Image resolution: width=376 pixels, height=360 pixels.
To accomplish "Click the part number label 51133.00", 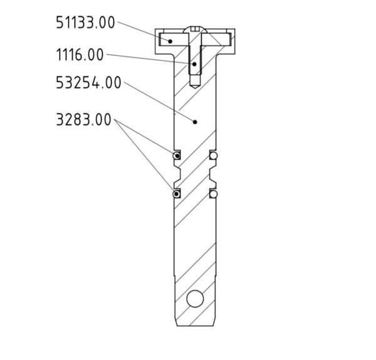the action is click(x=85, y=23).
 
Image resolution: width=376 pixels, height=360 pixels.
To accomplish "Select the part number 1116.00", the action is click(x=80, y=54).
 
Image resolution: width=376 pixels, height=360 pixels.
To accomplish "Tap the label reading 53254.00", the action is click(x=88, y=83).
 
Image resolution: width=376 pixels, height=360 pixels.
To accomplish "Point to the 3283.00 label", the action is click(x=83, y=120).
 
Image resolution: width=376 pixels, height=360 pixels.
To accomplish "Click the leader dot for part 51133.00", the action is click(x=170, y=41).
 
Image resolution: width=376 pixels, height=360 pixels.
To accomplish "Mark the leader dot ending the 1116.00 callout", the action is click(x=194, y=64).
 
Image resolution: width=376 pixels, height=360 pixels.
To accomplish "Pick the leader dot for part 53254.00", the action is click(x=195, y=122).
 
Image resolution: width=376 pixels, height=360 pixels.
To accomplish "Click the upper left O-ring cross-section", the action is click(x=177, y=155).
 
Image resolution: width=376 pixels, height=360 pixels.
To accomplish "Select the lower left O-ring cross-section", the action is click(x=177, y=193).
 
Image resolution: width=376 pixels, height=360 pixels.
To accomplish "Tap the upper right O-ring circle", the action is click(x=214, y=156).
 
